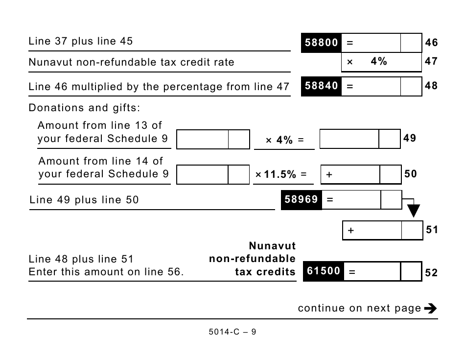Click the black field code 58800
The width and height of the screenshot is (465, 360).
click(x=321, y=43)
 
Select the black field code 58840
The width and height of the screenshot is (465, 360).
click(x=321, y=86)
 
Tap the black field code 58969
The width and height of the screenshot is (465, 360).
click(x=302, y=199)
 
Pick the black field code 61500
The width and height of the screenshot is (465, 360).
click(x=323, y=271)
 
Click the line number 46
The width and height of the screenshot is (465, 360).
click(x=431, y=43)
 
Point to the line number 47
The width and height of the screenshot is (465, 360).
click(x=431, y=62)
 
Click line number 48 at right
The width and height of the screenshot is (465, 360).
click(x=431, y=86)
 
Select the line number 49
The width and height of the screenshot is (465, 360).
click(x=410, y=138)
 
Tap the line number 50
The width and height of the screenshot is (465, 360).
click(x=411, y=174)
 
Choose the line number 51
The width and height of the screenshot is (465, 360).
click(x=432, y=230)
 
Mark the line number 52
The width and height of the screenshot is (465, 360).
click(x=431, y=272)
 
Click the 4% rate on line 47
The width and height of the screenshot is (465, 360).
click(x=378, y=62)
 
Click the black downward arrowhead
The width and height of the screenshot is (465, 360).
click(x=414, y=211)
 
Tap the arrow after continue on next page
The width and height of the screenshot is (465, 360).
click(x=430, y=308)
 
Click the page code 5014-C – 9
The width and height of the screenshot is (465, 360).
click(x=232, y=332)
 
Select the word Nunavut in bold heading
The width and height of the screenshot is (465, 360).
click(x=272, y=246)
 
